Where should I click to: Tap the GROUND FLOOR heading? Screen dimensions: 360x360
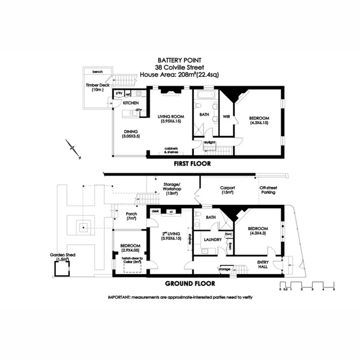click(190, 284)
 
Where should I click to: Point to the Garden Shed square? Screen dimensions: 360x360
click(62, 268)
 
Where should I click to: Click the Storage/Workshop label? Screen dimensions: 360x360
click(172, 187)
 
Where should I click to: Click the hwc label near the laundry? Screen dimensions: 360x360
click(229, 234)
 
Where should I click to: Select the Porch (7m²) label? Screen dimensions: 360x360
click(131, 216)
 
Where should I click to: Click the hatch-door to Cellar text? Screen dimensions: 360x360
click(132, 260)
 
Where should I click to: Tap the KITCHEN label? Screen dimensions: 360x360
click(131, 103)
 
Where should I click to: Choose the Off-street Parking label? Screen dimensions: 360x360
click(268, 190)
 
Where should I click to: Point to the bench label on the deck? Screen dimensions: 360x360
click(98, 72)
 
